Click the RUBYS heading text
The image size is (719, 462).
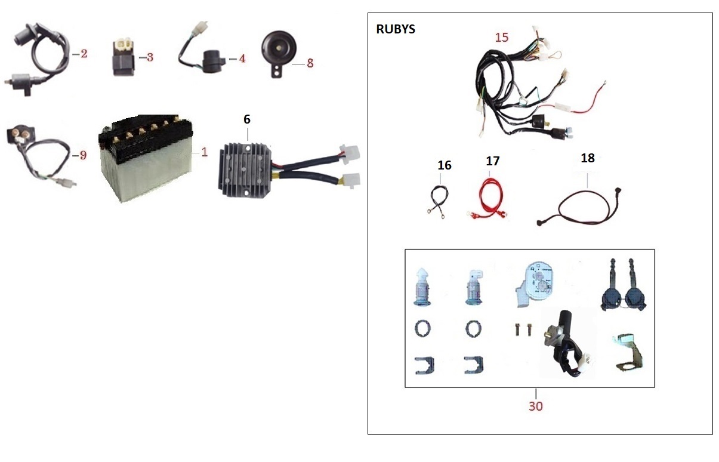[x=396, y=29]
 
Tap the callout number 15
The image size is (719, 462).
[x=502, y=38]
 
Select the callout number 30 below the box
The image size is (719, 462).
[x=536, y=406]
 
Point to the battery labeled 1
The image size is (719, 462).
[x=146, y=158]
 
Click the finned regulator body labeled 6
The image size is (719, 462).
[x=245, y=170]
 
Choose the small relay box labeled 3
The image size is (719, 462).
[x=124, y=58]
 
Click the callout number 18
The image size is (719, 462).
[x=588, y=158]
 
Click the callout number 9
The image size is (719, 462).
[x=83, y=155]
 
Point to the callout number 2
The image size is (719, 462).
[x=84, y=54]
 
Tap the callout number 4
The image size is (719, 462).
[x=242, y=58]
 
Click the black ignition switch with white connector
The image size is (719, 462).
[x=568, y=344]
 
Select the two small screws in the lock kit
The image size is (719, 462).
[x=523, y=329]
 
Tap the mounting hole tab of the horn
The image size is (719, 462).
[x=277, y=71]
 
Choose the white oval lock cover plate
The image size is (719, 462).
[x=535, y=285]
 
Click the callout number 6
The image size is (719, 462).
[x=247, y=119]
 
